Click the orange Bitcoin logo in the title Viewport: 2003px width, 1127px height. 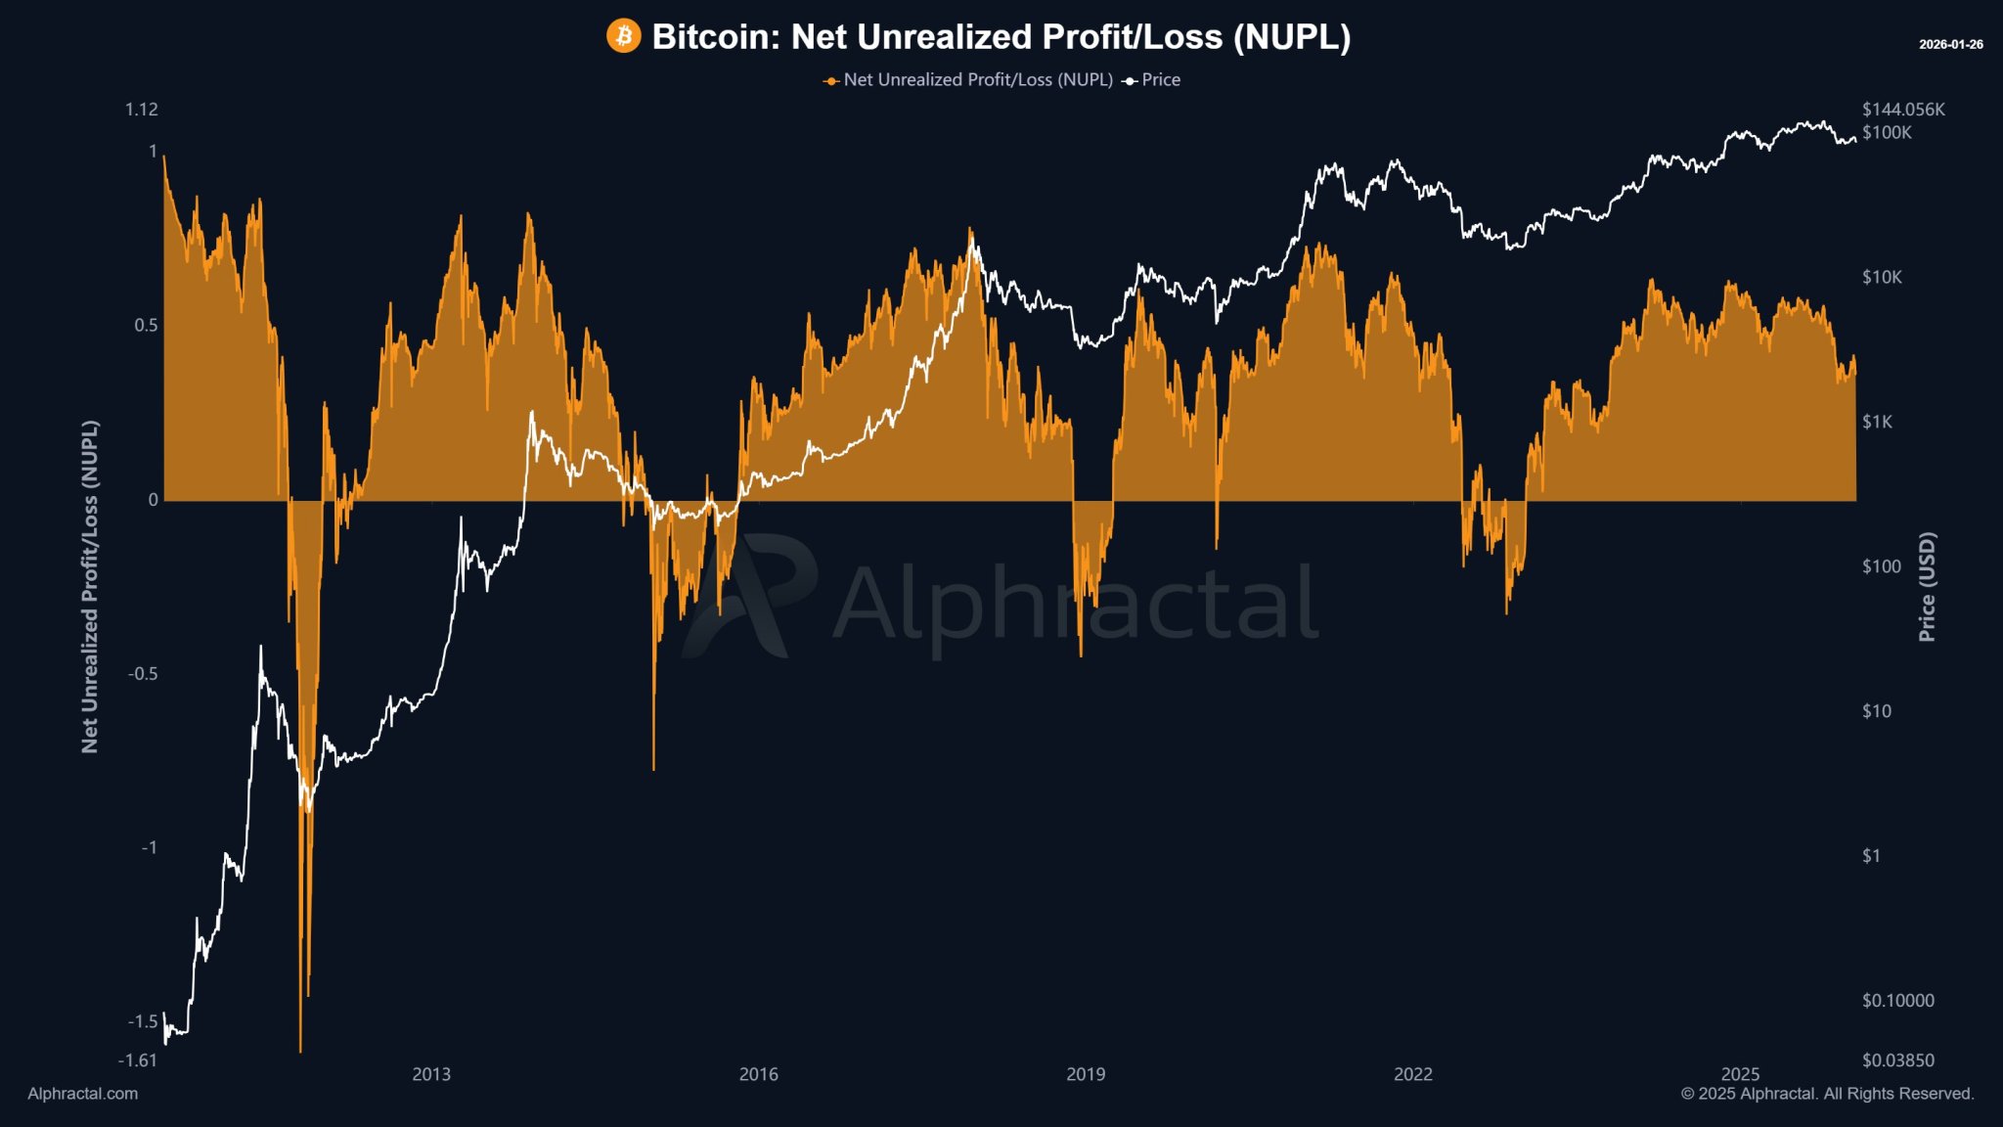[623, 36]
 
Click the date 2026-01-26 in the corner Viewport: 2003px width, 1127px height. [1950, 45]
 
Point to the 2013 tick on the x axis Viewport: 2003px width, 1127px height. [431, 1074]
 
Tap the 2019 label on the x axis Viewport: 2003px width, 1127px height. [1086, 1074]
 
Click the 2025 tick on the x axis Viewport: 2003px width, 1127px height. [1740, 1074]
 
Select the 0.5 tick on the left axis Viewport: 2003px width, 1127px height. [146, 326]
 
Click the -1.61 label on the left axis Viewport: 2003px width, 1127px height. [137, 1060]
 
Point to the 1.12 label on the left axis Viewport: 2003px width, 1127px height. [141, 110]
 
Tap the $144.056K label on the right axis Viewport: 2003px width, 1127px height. [1903, 110]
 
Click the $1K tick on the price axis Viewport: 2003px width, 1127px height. [1877, 422]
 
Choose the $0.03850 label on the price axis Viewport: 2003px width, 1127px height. [1897, 1060]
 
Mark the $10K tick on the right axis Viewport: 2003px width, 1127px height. [1882, 278]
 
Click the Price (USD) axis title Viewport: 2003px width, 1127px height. [1927, 587]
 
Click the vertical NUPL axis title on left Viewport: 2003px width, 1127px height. [90, 587]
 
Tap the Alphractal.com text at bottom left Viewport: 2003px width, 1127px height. [83, 1094]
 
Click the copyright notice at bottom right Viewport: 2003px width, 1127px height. [1827, 1094]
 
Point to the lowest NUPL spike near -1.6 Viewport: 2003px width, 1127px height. [300, 1051]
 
